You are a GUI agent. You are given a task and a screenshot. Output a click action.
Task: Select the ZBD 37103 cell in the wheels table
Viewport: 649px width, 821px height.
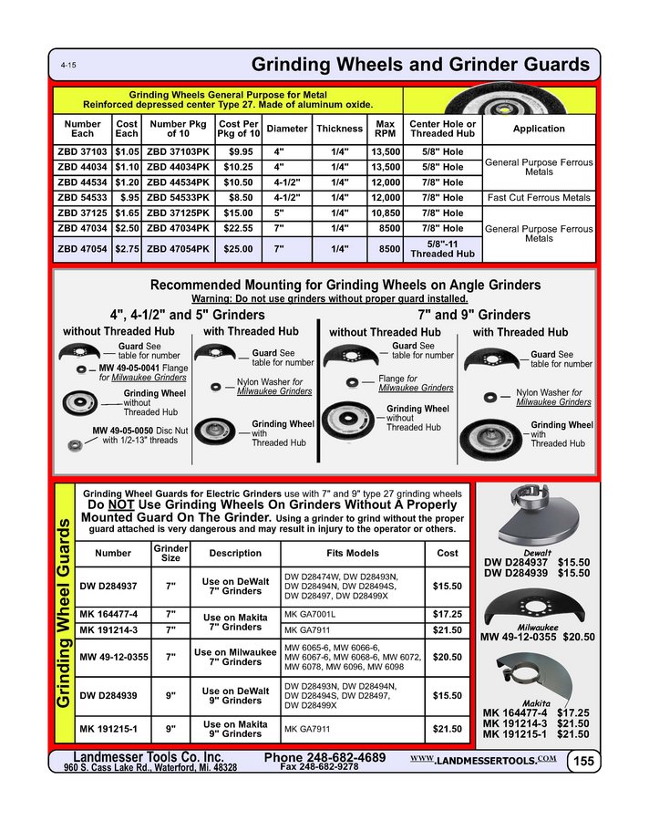82,151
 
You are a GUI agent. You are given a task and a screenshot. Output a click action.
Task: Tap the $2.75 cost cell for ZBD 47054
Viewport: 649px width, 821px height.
127,247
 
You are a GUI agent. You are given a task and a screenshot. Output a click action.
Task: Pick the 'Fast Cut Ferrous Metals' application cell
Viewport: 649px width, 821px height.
539,197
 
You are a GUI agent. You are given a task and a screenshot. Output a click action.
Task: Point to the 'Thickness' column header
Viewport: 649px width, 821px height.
339,129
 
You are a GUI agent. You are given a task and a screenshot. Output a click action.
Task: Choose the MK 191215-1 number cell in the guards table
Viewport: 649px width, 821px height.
108,728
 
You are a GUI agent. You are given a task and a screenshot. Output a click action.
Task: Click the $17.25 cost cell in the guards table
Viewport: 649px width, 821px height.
447,614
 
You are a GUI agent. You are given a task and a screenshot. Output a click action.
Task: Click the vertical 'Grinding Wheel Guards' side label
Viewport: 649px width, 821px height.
64,616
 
